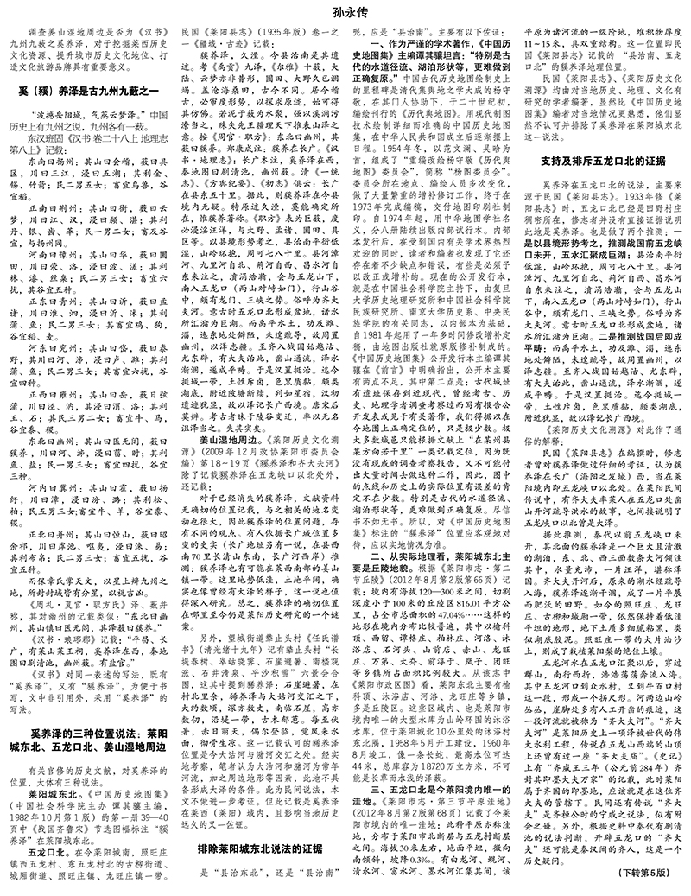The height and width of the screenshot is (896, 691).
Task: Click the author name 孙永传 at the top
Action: [x=345, y=13]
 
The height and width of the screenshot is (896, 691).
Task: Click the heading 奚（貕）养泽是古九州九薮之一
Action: [x=86, y=91]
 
